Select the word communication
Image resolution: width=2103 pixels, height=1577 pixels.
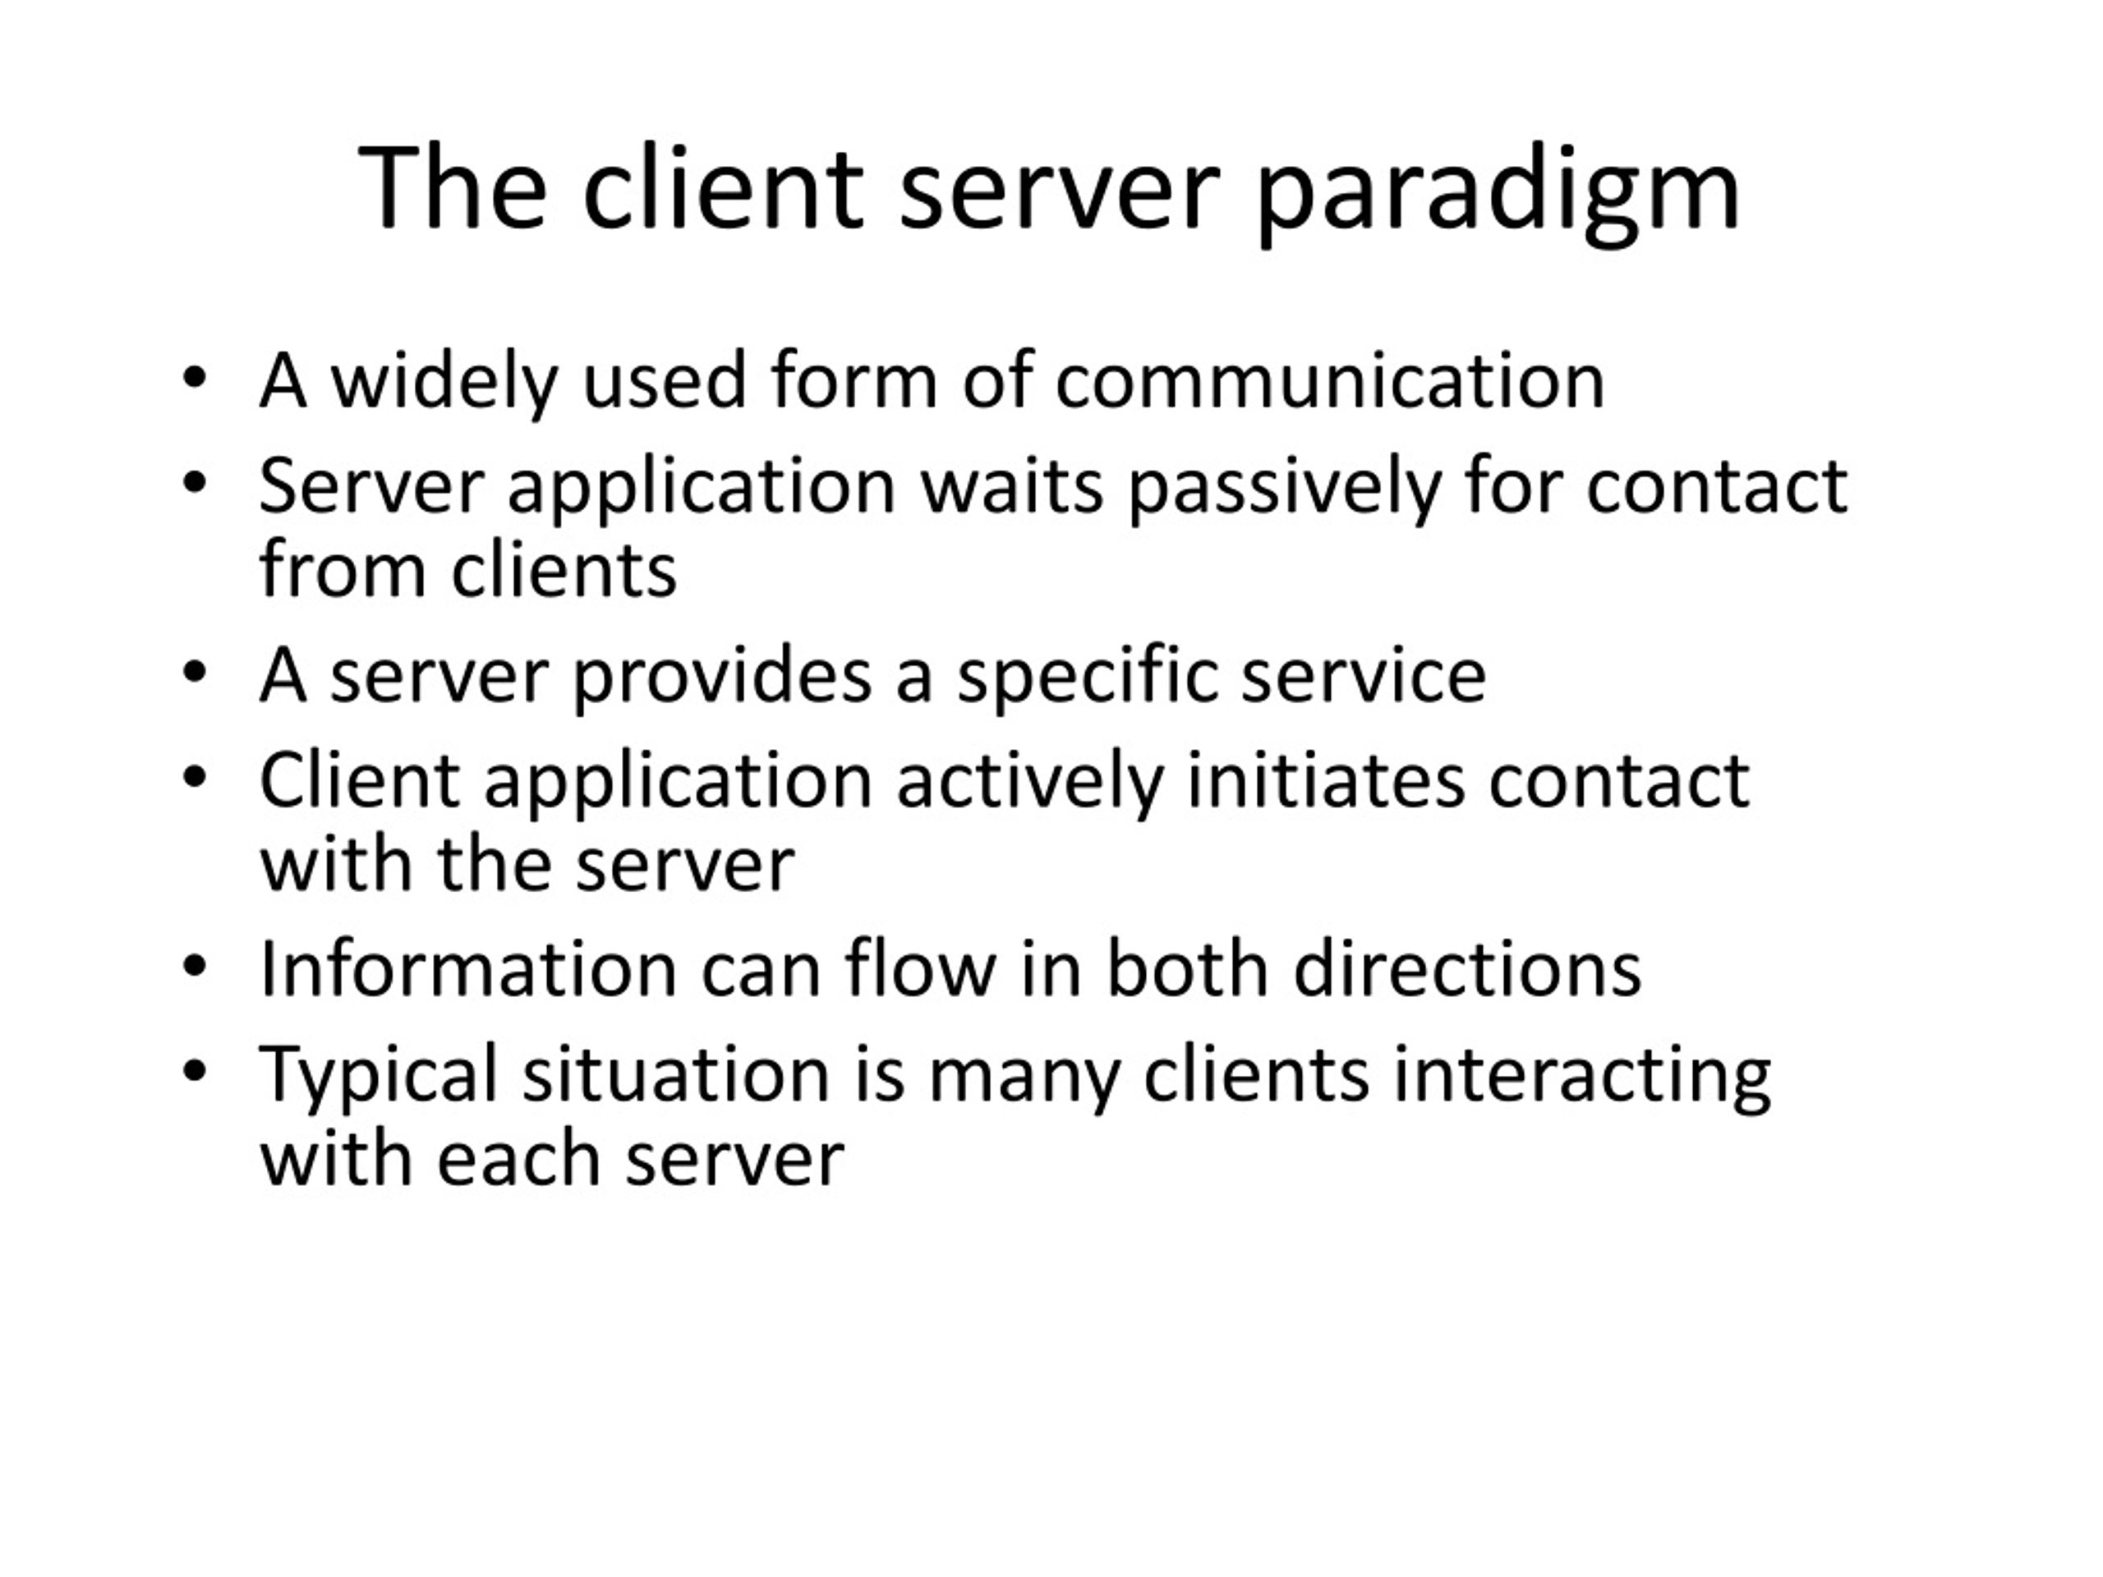tap(1330, 380)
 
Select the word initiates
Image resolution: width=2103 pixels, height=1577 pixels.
tap(1326, 780)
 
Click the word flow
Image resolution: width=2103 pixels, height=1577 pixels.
tap(919, 967)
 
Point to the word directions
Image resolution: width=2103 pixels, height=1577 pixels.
tap(1468, 968)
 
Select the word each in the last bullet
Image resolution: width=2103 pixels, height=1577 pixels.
tap(519, 1159)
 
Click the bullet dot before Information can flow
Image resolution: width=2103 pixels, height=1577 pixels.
tap(194, 967)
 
